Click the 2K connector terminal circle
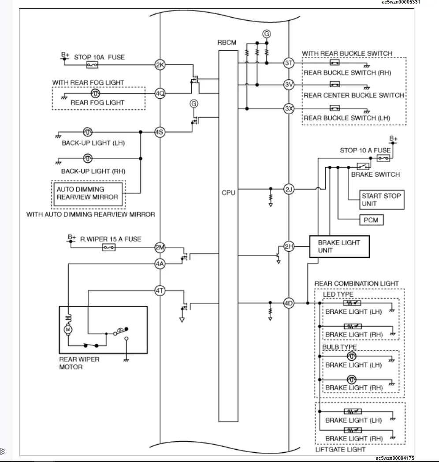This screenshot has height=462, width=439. [160, 65]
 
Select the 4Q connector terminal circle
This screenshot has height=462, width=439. [160, 93]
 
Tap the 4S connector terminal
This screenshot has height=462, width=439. [160, 132]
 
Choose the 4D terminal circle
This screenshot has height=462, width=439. [288, 303]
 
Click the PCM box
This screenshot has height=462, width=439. [371, 220]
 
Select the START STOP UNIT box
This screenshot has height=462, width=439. [375, 199]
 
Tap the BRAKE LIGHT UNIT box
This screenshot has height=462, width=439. [339, 246]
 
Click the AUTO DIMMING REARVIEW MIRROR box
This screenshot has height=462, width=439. [88, 193]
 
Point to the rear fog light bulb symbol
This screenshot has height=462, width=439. [94, 93]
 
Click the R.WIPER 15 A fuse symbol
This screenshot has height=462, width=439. [109, 248]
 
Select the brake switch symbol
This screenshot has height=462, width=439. [363, 167]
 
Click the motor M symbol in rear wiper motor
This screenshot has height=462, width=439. [68, 329]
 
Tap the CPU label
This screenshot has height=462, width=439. [228, 193]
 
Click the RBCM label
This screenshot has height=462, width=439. [227, 43]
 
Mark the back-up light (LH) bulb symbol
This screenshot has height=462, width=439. [87, 132]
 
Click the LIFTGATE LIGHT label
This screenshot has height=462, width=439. [340, 449]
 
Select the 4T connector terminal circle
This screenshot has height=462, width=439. [160, 291]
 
